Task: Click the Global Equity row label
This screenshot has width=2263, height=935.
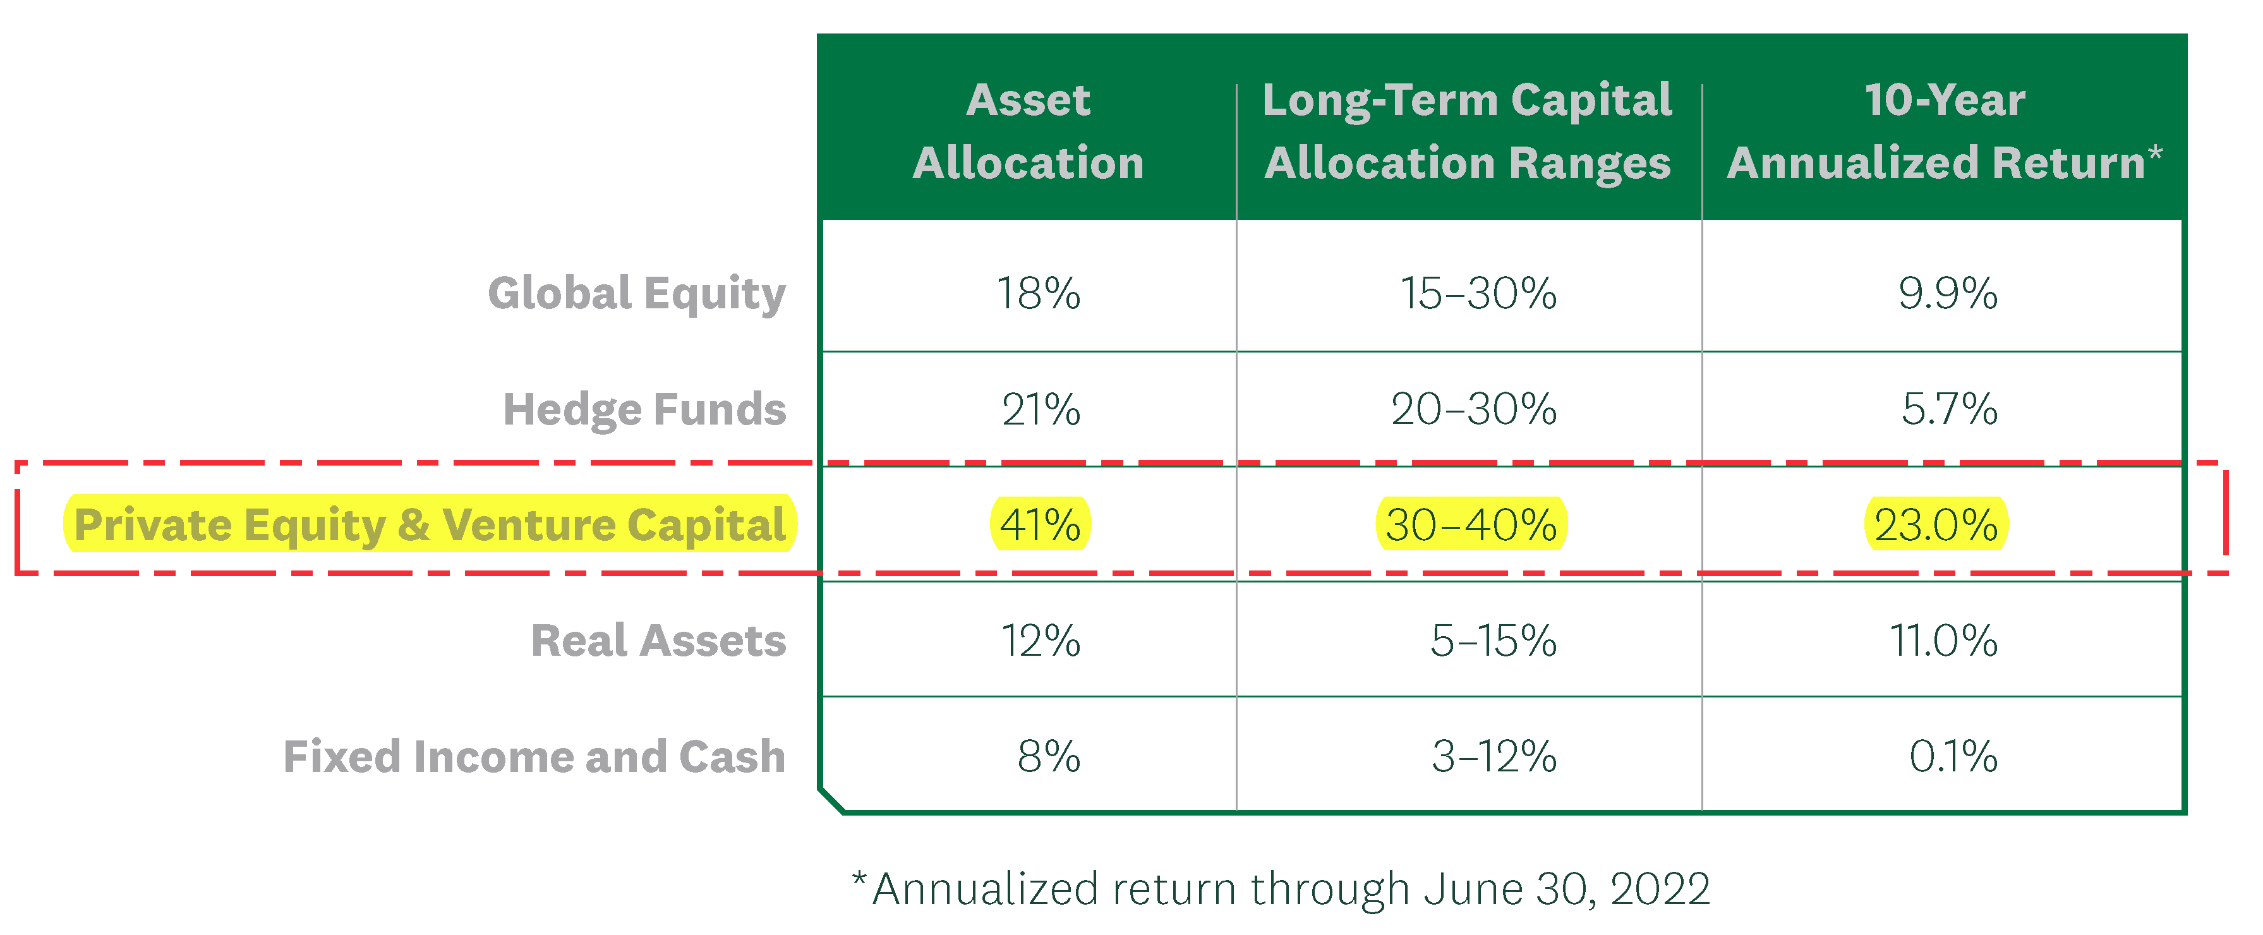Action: click(x=636, y=294)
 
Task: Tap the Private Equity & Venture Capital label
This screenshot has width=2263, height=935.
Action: click(x=430, y=524)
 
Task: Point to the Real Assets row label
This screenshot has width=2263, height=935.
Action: click(x=658, y=641)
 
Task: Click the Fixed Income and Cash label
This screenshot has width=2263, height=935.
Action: click(x=534, y=757)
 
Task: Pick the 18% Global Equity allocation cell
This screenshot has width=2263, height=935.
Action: click(x=1039, y=294)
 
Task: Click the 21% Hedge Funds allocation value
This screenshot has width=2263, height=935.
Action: click(x=1041, y=409)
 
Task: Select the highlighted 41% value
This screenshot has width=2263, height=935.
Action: click(x=1040, y=524)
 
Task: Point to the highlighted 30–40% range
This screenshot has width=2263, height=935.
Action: click(x=1471, y=524)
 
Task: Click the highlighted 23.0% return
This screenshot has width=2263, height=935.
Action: click(x=1936, y=524)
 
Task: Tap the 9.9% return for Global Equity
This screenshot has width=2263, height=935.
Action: click(x=1948, y=294)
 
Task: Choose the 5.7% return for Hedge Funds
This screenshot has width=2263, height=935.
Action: click(x=1950, y=409)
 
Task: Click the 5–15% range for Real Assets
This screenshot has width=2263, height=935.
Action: click(x=1494, y=641)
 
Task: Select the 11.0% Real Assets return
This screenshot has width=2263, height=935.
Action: click(x=1943, y=641)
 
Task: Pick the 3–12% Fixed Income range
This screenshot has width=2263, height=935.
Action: click(x=1494, y=757)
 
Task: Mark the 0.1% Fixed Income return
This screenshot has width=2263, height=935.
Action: click(x=1953, y=757)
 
